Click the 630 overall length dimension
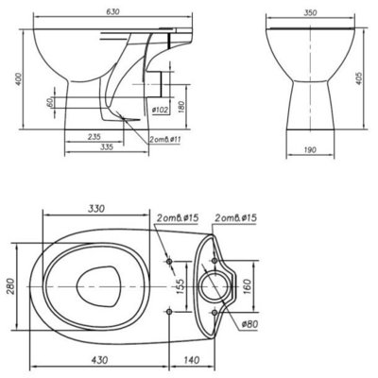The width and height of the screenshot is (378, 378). (x=112, y=12)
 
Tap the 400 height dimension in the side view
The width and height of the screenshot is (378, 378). (x=19, y=79)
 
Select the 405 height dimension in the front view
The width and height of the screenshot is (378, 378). (x=359, y=78)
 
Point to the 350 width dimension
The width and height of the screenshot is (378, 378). (x=310, y=13)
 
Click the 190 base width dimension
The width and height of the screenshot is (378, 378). (x=310, y=150)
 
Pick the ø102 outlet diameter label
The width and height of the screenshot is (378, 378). (x=160, y=110)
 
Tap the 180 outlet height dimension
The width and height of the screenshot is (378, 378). (x=180, y=107)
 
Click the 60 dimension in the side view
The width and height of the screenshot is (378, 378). (x=49, y=102)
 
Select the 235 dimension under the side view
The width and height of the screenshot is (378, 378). (x=94, y=137)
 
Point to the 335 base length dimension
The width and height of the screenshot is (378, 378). (x=106, y=147)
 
